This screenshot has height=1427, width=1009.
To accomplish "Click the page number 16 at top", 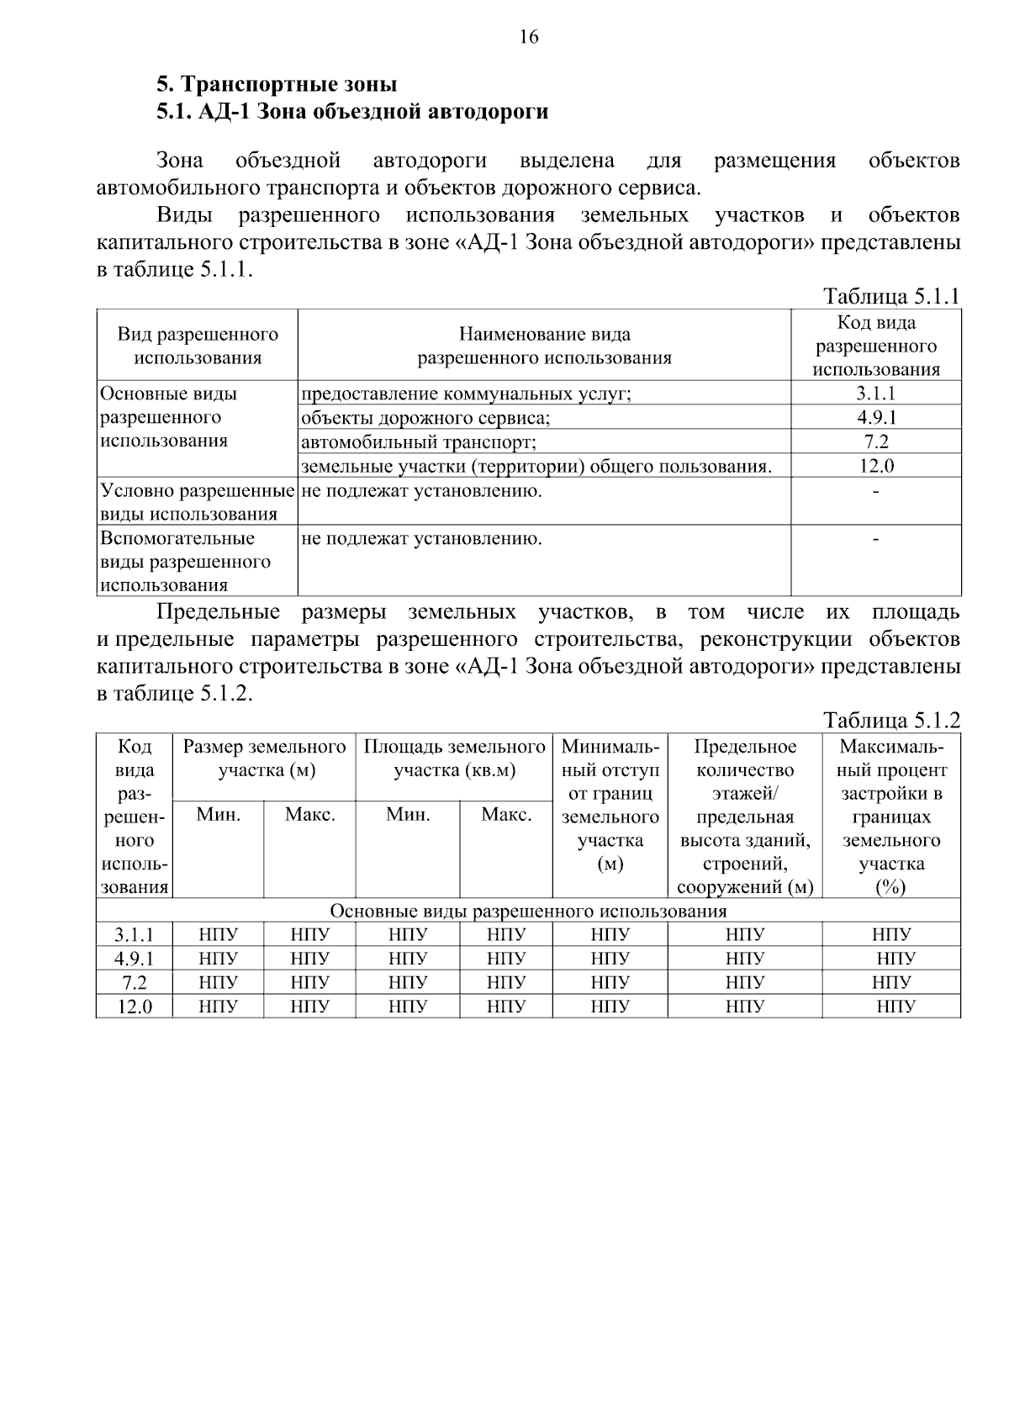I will pos(528,37).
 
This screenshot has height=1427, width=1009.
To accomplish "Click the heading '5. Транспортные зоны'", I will pos(277,85).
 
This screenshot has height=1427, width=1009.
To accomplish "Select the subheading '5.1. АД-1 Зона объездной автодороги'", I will pos(352,111).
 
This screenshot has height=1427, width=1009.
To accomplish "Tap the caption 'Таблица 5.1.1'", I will pos(891,297).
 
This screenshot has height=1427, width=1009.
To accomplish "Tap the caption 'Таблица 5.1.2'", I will pos(891,721).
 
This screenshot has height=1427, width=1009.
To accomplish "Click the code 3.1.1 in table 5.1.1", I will pos(875,394).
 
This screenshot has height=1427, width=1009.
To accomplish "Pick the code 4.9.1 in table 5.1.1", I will pos(875,418).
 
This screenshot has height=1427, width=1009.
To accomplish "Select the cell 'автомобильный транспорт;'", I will pos(419,442).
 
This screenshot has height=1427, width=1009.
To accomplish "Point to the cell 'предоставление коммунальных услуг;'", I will pos(466,394).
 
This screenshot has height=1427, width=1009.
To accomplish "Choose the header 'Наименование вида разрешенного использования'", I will pos(545,346).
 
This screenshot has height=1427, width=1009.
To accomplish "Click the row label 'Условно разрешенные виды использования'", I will pos(197,502).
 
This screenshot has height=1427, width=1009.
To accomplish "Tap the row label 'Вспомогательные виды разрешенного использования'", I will pos(185,561).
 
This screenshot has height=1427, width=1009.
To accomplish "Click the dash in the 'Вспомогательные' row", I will pos(876,538).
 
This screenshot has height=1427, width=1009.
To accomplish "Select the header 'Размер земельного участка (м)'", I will pos(265,758).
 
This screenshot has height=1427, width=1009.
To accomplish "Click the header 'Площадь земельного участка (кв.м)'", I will pos(454,758).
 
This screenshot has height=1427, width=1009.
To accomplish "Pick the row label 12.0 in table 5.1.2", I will pos(135,1007).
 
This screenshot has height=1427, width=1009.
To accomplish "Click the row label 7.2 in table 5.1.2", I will pos(135,983).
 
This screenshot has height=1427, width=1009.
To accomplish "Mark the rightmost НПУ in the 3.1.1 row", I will pos(891,934).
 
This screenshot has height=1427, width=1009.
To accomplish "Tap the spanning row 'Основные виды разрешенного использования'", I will pos(528,912).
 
